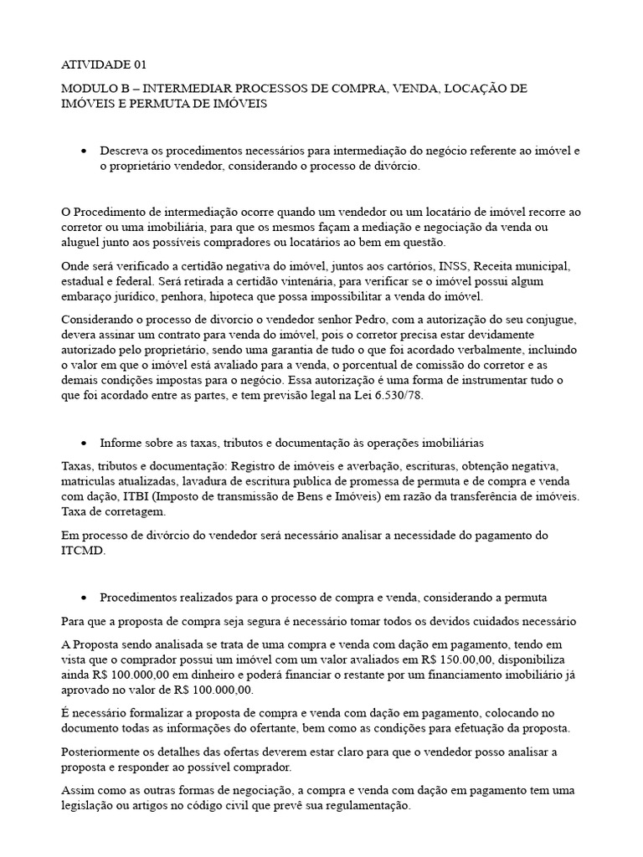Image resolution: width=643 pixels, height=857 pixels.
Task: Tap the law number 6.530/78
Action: pos(396,396)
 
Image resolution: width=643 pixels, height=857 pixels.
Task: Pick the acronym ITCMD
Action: pos(84,551)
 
